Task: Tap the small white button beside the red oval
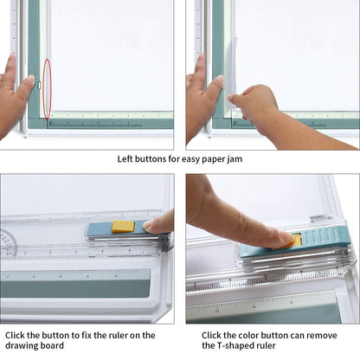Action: tap(40, 86)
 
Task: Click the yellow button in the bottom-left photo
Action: tap(123, 227)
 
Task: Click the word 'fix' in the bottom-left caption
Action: tap(87, 335)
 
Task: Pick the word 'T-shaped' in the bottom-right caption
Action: tap(232, 345)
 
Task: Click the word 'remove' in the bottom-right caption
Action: tap(322, 336)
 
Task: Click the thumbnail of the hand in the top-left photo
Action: tap(30, 79)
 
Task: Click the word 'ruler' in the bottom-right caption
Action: tap(264, 345)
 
